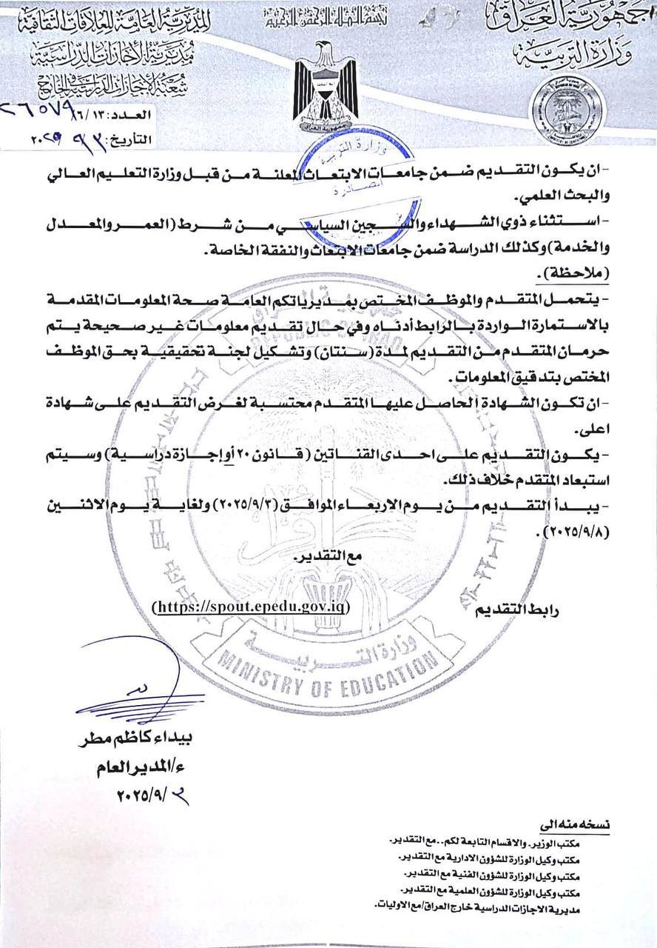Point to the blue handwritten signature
[141, 685]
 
